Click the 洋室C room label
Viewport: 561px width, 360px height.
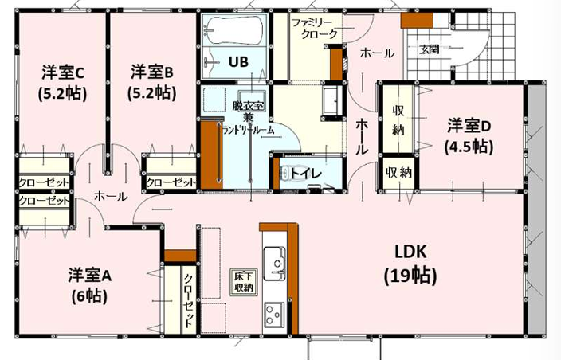pyautogui.click(x=63, y=73)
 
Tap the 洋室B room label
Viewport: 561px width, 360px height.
pyautogui.click(x=151, y=72)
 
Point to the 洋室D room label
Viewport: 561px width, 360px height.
pyautogui.click(x=469, y=126)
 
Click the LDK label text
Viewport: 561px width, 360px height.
pyautogui.click(x=410, y=252)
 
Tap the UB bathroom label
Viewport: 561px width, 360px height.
pyautogui.click(x=238, y=62)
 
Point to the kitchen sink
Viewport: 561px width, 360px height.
pyautogui.click(x=275, y=264)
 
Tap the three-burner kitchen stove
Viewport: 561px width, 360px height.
pyautogui.click(x=274, y=314)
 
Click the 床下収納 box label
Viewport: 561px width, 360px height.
pyautogui.click(x=244, y=282)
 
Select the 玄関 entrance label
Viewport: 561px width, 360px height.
pyautogui.click(x=429, y=49)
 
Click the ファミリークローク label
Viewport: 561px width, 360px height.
pyautogui.click(x=315, y=29)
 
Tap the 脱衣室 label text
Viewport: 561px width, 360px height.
pyautogui.click(x=248, y=105)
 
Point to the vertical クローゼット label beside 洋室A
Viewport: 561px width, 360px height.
pyautogui.click(x=189, y=300)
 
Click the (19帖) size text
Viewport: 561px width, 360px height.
pyautogui.click(x=410, y=276)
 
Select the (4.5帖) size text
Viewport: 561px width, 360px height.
pyautogui.click(x=469, y=147)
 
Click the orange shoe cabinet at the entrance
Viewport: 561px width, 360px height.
pyautogui.click(x=417, y=21)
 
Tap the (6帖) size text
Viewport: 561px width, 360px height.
pyautogui.click(x=89, y=296)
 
